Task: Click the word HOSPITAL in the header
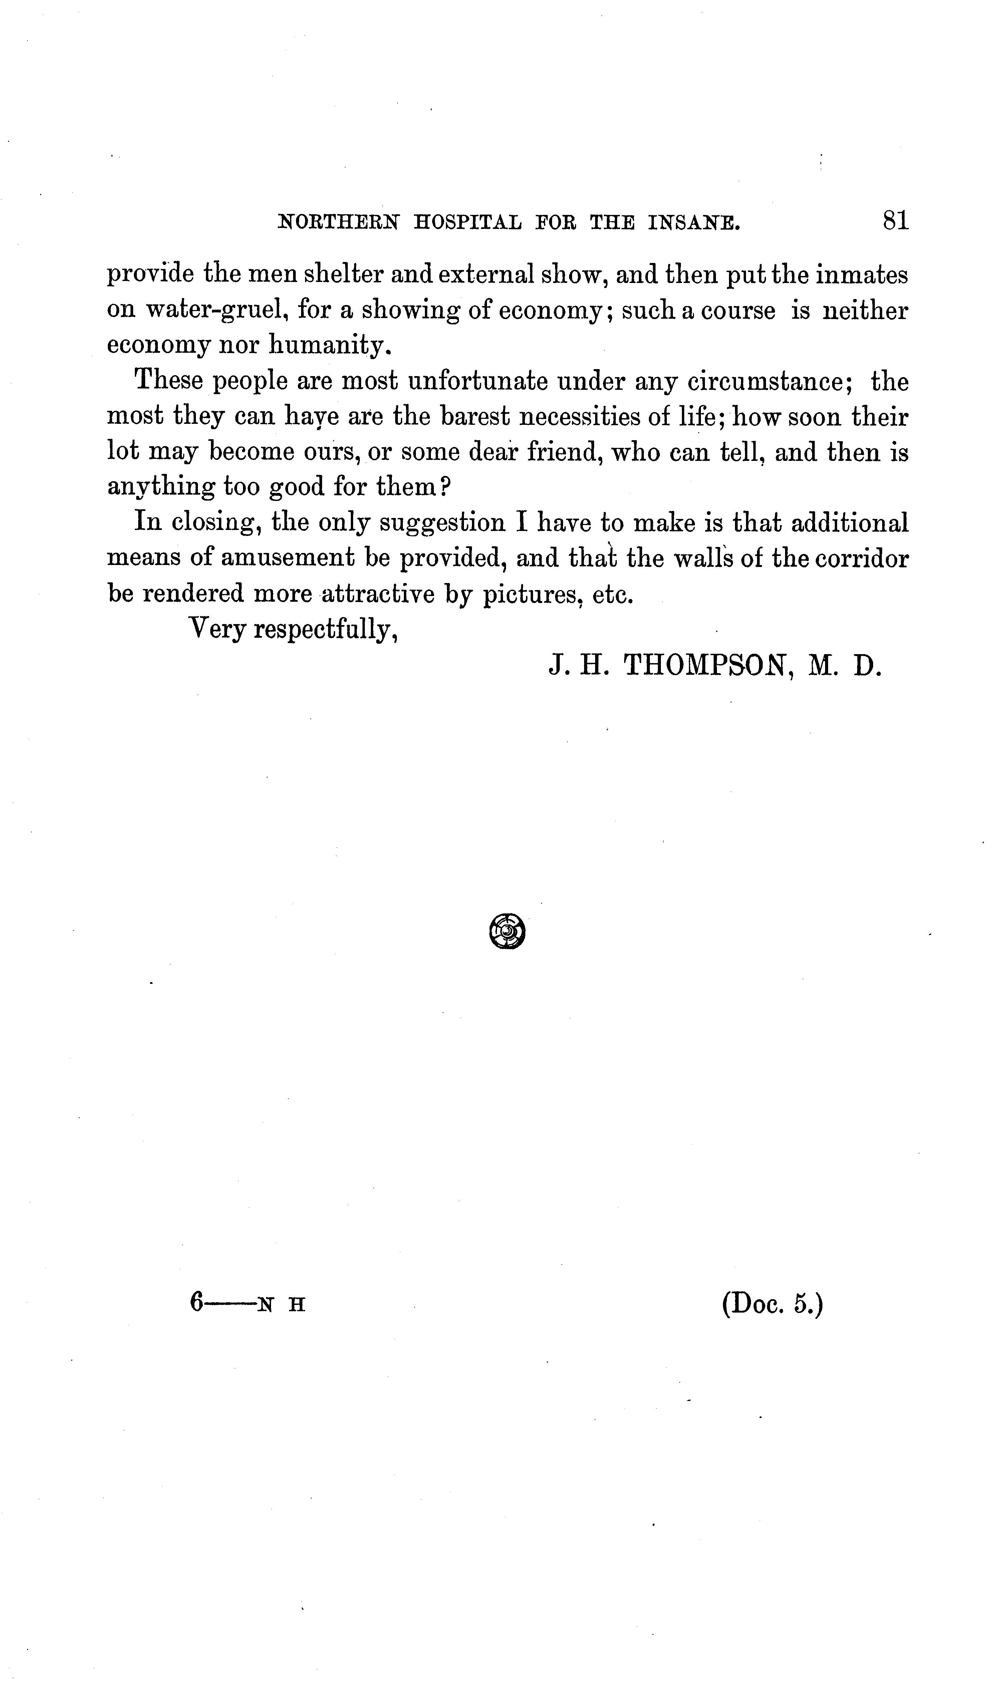tap(468, 223)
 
